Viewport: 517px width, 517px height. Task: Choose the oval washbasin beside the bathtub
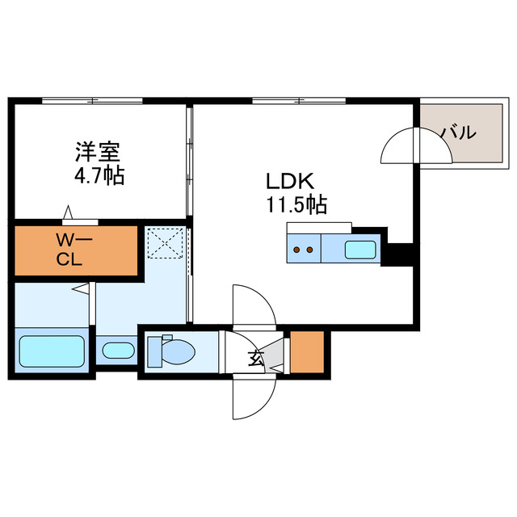119,351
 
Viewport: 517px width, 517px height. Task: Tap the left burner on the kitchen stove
296,250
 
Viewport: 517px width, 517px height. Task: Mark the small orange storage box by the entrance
306,352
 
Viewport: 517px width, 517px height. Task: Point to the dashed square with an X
166,242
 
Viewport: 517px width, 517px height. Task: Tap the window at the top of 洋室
93,100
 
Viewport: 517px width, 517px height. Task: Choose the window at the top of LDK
299,100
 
